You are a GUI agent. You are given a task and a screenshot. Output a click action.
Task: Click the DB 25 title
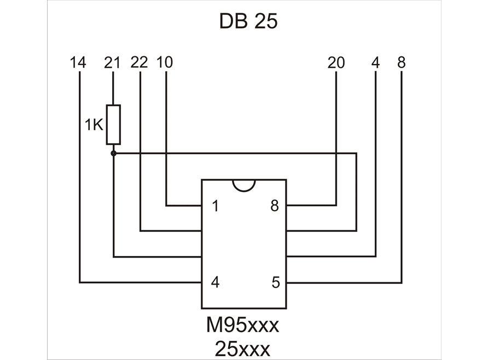click(248, 21)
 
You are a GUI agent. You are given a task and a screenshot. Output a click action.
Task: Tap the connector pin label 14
click(78, 62)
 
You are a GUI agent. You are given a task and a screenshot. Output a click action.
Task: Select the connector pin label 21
click(112, 62)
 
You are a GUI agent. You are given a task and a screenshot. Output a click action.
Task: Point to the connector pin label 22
click(139, 62)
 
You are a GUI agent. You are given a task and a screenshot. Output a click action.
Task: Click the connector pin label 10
click(164, 62)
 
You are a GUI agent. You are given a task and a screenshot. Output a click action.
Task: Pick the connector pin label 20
click(336, 62)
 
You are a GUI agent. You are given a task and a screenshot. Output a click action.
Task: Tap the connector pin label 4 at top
click(376, 62)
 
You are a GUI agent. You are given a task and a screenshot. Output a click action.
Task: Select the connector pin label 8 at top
click(402, 62)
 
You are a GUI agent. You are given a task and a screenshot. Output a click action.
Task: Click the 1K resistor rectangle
click(113, 124)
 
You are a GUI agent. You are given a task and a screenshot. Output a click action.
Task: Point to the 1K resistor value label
click(94, 125)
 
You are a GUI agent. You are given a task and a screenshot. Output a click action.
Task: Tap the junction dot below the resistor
click(114, 153)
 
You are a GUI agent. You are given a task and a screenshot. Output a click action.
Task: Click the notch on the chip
click(243, 185)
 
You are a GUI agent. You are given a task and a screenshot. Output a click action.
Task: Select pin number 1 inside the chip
click(216, 206)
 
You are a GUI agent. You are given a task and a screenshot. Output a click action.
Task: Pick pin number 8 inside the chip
click(275, 206)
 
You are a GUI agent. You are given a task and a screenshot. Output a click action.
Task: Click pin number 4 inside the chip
click(216, 282)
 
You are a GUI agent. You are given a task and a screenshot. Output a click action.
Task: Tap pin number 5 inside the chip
click(276, 282)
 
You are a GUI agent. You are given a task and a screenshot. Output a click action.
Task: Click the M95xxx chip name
click(242, 325)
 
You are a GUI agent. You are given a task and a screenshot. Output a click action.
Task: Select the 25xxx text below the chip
click(242, 349)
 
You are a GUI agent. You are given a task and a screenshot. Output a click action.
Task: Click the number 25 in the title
click(266, 21)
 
